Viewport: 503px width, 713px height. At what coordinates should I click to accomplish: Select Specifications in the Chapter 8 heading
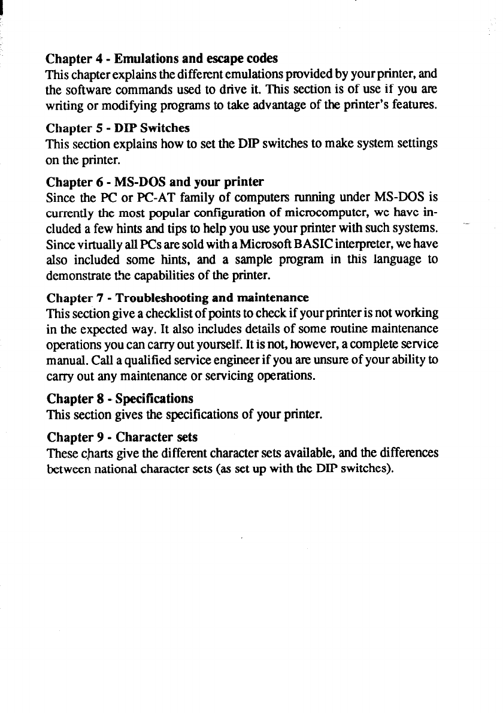coord(156,398)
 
